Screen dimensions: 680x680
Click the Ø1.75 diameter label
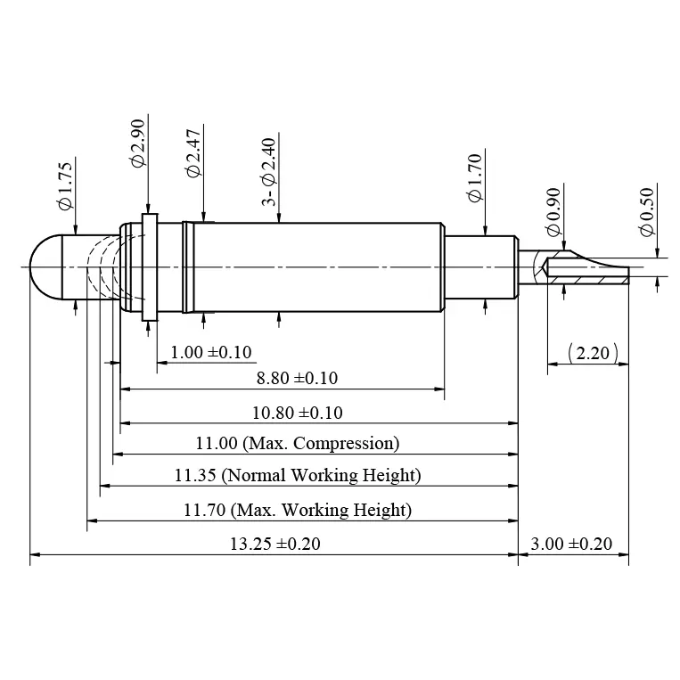tap(64, 186)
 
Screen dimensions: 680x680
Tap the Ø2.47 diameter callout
tap(193, 158)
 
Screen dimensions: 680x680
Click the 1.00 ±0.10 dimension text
tap(210, 352)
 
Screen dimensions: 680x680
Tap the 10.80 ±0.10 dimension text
tap(297, 413)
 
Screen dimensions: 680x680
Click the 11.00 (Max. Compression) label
tap(297, 443)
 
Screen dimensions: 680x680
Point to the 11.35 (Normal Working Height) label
tap(297, 475)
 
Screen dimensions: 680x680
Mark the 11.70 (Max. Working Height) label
tap(297, 511)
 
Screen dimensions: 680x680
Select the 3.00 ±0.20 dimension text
tap(571, 544)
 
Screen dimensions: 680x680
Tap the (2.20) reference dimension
tap(593, 353)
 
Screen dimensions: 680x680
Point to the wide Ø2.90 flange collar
tap(149, 266)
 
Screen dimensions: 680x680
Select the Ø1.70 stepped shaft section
tap(480, 267)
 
